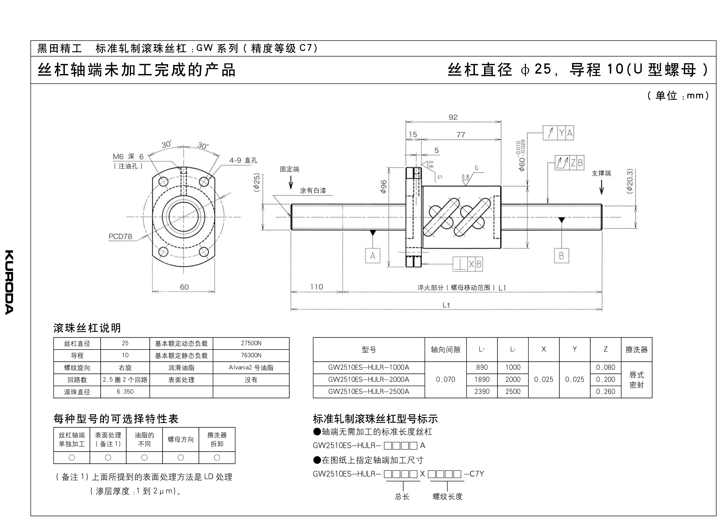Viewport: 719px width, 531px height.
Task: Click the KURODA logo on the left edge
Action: coord(9,282)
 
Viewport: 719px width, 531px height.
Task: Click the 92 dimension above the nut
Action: coord(453,117)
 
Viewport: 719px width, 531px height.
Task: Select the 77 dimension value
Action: coord(461,135)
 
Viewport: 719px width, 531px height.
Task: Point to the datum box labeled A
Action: coord(372,256)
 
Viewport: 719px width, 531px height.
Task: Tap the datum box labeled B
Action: coord(561,256)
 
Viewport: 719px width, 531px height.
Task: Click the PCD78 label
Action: coord(120,236)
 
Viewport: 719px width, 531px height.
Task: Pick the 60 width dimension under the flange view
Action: coord(184,287)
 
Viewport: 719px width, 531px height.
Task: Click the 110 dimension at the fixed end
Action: coord(316,287)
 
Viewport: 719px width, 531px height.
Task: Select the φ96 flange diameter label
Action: coord(383,186)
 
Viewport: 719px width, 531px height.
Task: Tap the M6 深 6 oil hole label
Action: coord(128,157)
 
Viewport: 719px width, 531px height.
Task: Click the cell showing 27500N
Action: coord(251,343)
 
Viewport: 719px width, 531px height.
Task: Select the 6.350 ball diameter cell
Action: coord(125,391)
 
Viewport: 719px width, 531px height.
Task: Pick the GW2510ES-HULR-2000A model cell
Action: coord(368,379)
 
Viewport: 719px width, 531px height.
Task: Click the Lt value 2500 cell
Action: coord(513,391)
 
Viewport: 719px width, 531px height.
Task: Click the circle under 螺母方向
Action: coord(181,457)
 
